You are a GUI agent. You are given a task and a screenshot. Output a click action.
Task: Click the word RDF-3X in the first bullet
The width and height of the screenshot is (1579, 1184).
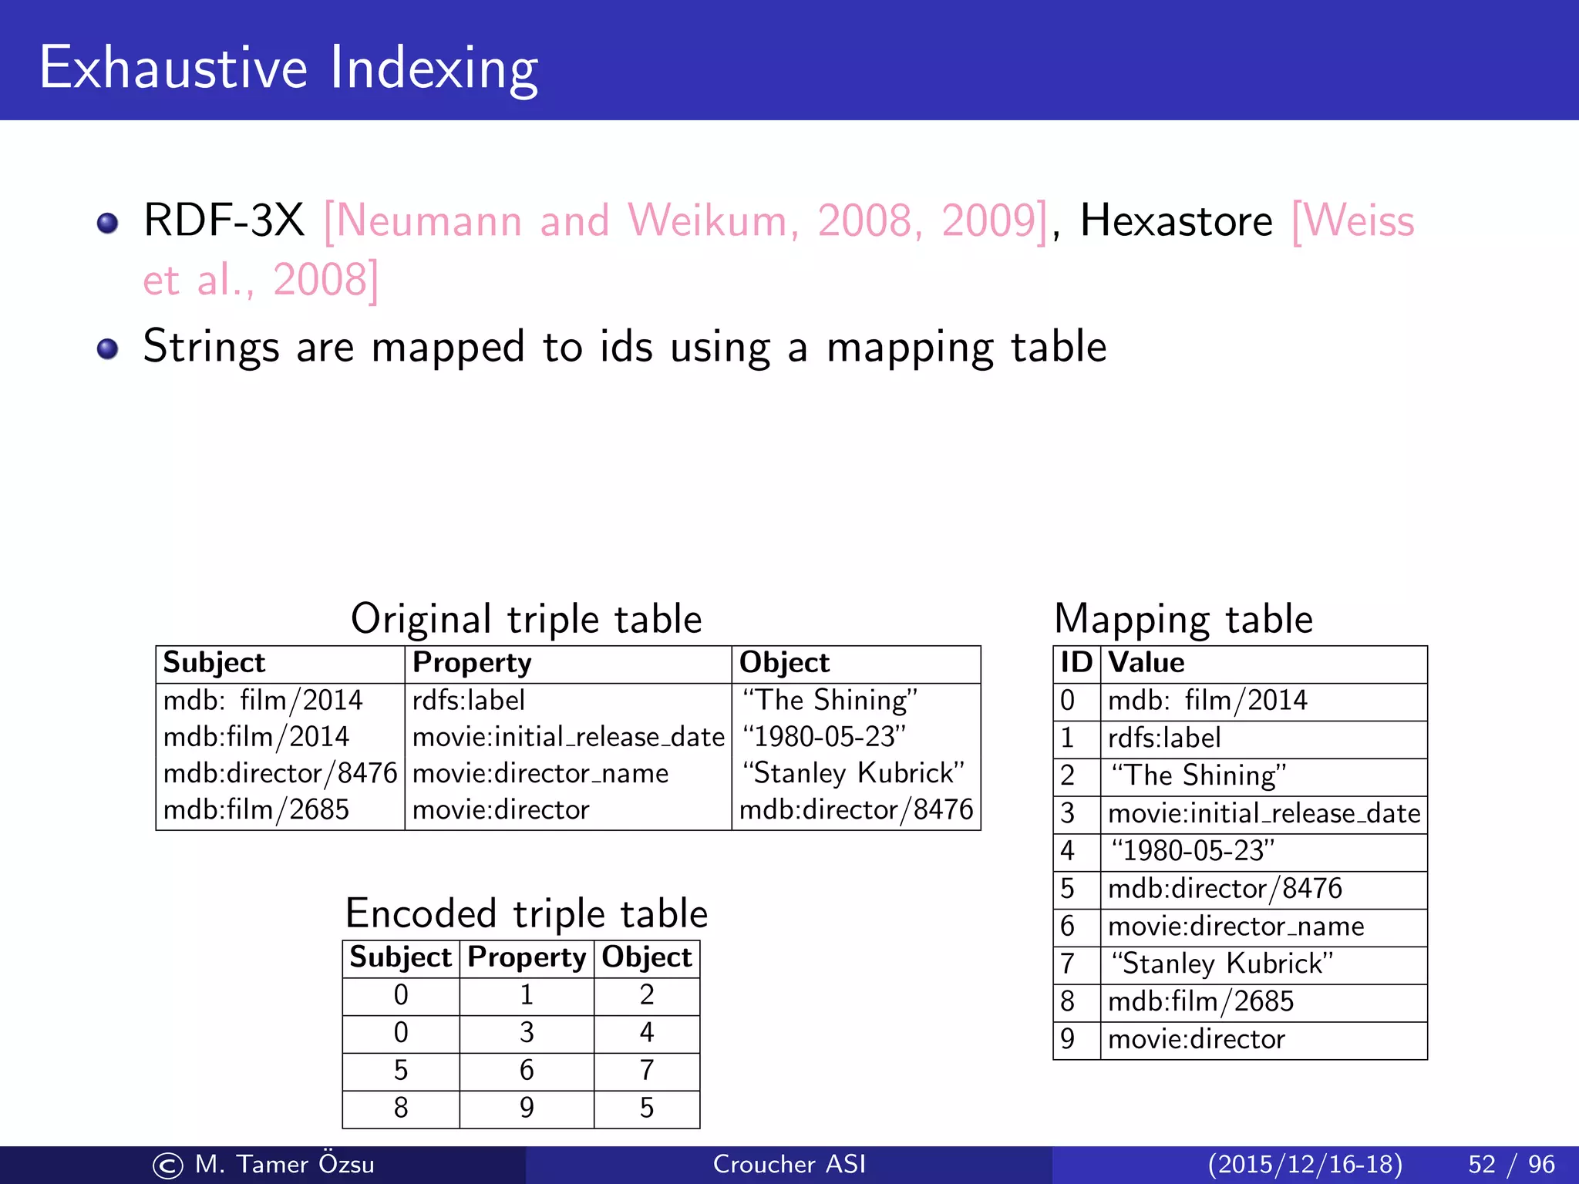pos(224,220)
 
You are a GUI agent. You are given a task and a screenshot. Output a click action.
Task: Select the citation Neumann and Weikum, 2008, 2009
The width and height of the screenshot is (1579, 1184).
pos(685,221)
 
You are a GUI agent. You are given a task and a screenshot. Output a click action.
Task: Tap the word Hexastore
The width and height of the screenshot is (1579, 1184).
pos(1176,221)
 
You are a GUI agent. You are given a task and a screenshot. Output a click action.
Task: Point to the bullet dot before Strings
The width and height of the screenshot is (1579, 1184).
pos(108,348)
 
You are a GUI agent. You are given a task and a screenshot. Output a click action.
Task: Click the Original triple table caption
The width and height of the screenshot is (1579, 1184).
pos(527,619)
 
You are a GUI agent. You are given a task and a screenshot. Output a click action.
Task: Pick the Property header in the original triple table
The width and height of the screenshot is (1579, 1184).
pos(472,663)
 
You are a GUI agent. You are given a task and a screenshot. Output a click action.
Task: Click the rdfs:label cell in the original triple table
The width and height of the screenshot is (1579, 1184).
pos(469,700)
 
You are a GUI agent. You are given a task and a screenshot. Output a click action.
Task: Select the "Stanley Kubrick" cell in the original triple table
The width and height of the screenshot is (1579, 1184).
pos(853,773)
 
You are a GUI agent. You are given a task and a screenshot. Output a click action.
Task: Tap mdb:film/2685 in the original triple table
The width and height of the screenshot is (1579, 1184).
pos(256,809)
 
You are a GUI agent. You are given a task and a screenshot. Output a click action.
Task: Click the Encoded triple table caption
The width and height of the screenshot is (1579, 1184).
pos(527,913)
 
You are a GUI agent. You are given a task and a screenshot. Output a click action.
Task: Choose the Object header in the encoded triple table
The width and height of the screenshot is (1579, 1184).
pos(646,957)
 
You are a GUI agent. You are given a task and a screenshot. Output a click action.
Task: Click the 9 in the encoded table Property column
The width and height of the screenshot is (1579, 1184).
pos(527,1108)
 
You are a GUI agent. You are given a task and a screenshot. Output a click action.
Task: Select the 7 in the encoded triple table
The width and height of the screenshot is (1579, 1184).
pos(646,1070)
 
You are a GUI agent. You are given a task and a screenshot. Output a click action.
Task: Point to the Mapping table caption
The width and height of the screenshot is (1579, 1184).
pos(1183,619)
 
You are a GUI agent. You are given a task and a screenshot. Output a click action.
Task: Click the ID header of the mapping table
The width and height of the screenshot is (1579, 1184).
pos(1076,663)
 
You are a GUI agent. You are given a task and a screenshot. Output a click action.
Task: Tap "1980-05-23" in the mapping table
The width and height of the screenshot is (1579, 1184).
pos(1192,851)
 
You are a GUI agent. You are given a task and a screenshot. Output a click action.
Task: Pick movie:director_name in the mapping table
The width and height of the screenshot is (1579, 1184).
pos(1236,927)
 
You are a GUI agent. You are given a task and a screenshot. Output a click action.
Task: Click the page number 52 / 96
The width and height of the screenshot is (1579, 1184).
pos(1511,1164)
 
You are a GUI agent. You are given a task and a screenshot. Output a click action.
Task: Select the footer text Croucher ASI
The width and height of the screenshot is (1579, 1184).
pos(789,1164)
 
